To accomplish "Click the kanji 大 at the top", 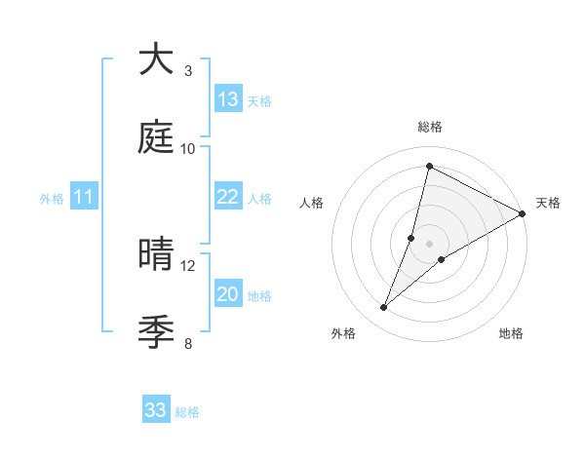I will (x=157, y=59).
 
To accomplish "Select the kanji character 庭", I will (x=157, y=137).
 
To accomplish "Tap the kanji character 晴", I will (x=157, y=255).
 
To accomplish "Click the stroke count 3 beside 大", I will (x=188, y=70).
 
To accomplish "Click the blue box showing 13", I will (x=228, y=99).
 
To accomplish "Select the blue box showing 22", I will (x=228, y=197).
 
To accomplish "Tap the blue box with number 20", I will (x=228, y=294).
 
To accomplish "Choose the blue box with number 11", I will (x=84, y=198).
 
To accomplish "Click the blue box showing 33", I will (x=156, y=410).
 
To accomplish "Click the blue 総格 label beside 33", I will (x=187, y=412).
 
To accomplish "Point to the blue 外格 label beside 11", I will (x=52, y=199).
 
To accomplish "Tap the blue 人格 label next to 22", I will (x=259, y=199).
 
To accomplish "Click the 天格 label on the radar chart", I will (x=548, y=203).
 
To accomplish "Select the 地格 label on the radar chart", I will (x=511, y=333).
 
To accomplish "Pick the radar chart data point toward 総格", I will (x=429, y=166).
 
